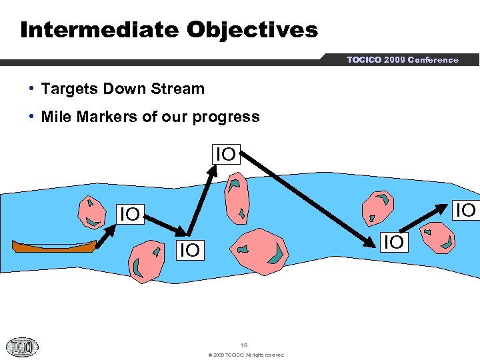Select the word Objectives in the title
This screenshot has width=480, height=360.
pyautogui.click(x=253, y=30)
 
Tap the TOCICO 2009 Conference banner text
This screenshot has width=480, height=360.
pyautogui.click(x=402, y=60)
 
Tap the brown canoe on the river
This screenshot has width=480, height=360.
pyautogui.click(x=53, y=246)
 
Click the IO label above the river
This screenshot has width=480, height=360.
pyautogui.click(x=225, y=155)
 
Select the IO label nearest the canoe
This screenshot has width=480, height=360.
pyautogui.click(x=129, y=214)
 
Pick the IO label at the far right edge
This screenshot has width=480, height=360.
pyautogui.click(x=466, y=210)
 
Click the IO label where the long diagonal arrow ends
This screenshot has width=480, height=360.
pyautogui.click(x=393, y=242)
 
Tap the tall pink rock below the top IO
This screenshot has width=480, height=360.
pyautogui.click(x=237, y=199)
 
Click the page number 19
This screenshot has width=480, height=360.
pyautogui.click(x=244, y=345)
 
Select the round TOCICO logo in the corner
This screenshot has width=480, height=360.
pyautogui.click(x=22, y=347)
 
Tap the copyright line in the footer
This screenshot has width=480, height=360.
pyautogui.click(x=246, y=355)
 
